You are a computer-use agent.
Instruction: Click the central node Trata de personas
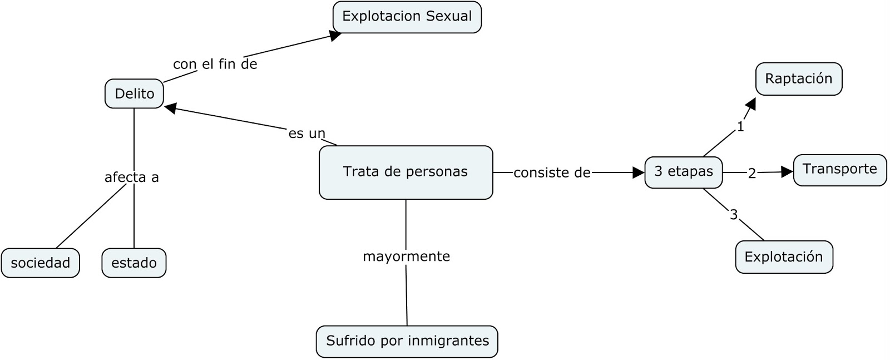tap(406, 172)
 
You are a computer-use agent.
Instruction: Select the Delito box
tap(134, 93)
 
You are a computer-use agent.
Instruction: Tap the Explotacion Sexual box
tap(407, 17)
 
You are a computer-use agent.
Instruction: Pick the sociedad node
tap(40, 263)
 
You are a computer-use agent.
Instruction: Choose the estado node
tap(133, 263)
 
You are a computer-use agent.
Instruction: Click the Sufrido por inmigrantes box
tap(407, 341)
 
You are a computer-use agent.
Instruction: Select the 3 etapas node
tap(683, 172)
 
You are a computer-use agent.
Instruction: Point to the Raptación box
tap(798, 78)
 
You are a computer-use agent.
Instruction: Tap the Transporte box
tap(839, 169)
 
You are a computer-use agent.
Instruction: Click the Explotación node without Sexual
tap(783, 257)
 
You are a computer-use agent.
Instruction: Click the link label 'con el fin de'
tap(215, 65)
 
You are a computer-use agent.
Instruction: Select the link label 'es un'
tap(306, 134)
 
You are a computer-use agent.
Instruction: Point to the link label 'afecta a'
tap(132, 177)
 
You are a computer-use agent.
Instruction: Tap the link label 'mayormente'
tap(406, 257)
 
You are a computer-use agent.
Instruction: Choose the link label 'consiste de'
tap(551, 173)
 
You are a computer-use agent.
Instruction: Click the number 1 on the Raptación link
tap(740, 127)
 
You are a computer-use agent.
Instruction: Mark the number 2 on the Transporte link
tap(752, 174)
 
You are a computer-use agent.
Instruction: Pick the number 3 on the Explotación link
tap(734, 215)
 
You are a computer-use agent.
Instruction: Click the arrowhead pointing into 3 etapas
tap(639, 172)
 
